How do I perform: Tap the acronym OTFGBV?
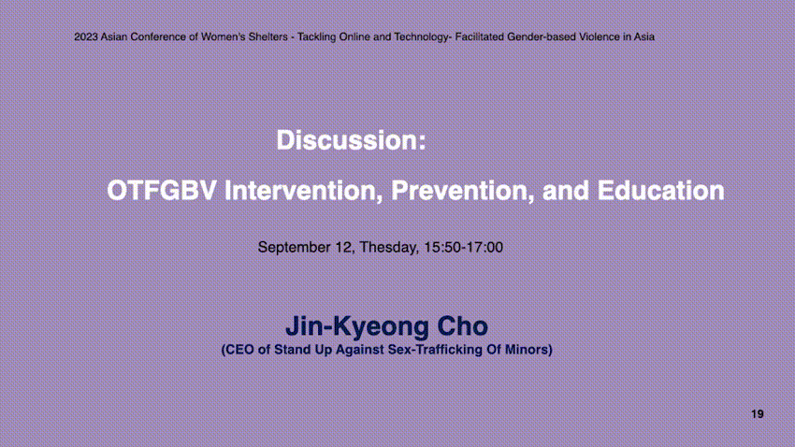(x=162, y=191)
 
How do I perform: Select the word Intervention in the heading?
(x=304, y=191)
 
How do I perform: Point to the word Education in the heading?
(x=660, y=191)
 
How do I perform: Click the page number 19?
(x=758, y=414)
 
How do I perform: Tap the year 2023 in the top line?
(x=86, y=37)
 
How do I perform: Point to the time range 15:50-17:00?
(x=463, y=247)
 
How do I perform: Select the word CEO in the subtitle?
(x=239, y=350)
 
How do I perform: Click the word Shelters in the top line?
(x=267, y=37)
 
